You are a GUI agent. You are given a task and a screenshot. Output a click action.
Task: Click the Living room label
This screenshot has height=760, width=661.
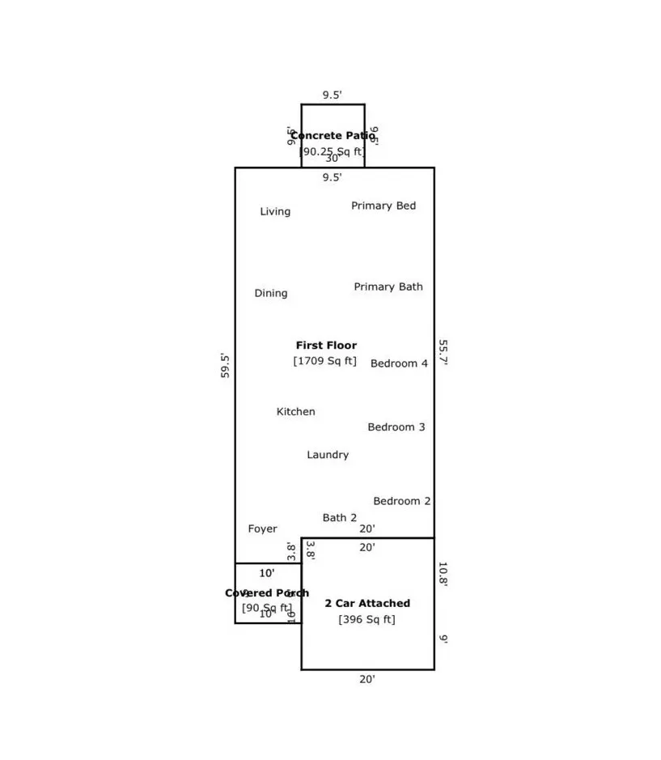(275, 212)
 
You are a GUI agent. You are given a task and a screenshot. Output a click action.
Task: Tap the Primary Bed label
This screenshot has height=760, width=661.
(383, 206)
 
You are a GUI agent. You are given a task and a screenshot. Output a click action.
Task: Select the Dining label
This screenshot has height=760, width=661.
(271, 294)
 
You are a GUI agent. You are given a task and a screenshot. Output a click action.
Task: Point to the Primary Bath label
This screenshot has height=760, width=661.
(388, 287)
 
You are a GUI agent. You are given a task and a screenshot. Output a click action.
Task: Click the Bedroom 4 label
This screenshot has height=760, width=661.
(399, 364)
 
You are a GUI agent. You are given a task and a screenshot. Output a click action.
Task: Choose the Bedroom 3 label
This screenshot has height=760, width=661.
(396, 427)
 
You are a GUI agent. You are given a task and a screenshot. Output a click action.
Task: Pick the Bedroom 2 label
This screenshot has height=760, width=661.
(402, 502)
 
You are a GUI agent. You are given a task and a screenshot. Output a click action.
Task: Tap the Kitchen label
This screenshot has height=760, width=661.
(296, 412)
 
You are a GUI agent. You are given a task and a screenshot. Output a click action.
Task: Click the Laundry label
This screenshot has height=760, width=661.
(328, 456)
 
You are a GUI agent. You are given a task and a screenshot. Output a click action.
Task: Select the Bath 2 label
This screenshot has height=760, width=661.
(340, 518)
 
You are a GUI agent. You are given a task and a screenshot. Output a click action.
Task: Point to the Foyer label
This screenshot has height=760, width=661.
(262, 529)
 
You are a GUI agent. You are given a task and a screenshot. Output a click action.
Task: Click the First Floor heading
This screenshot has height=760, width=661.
(326, 346)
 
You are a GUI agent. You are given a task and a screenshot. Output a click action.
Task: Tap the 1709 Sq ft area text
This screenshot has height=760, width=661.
(324, 361)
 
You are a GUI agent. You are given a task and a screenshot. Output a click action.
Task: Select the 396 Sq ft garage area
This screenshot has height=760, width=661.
(367, 620)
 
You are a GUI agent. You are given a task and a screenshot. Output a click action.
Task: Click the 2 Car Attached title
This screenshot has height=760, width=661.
(367, 604)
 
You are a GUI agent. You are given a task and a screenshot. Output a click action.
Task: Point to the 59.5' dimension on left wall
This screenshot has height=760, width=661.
(226, 366)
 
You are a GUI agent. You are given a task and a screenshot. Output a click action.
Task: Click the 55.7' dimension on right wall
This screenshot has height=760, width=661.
(443, 353)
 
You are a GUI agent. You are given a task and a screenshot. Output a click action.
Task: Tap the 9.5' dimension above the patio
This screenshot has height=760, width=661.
(333, 96)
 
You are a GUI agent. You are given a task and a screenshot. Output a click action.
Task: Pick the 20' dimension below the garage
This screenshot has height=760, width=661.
(367, 680)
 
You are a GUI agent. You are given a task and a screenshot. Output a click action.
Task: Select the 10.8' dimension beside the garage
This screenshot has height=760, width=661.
(443, 574)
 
